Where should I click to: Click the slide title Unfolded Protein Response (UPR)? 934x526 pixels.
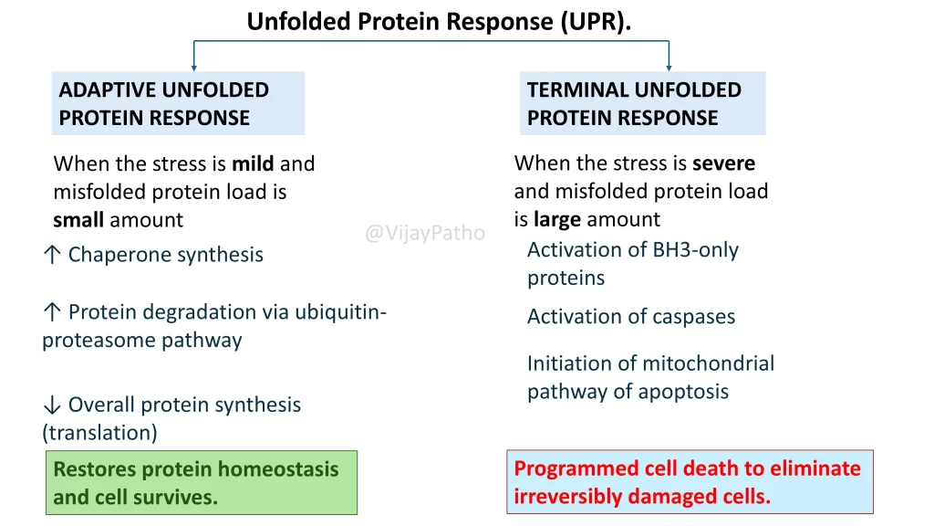[439, 21]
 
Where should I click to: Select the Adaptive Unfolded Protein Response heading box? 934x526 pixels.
[178, 103]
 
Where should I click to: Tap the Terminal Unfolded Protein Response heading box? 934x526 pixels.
[642, 103]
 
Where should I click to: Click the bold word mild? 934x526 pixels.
[253, 164]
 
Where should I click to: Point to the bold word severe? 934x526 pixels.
[723, 163]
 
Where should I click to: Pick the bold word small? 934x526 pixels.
[78, 220]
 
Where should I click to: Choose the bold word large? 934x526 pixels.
[556, 219]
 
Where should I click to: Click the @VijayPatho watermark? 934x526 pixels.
[425, 234]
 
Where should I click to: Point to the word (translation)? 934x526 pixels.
[99, 432]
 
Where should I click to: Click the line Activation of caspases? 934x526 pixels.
[631, 317]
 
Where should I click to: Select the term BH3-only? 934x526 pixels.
[695, 250]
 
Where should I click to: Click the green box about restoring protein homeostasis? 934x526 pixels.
[202, 483]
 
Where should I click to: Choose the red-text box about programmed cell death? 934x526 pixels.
[690, 482]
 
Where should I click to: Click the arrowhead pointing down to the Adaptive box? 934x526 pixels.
[193, 67]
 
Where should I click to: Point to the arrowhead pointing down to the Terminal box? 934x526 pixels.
[669, 67]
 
